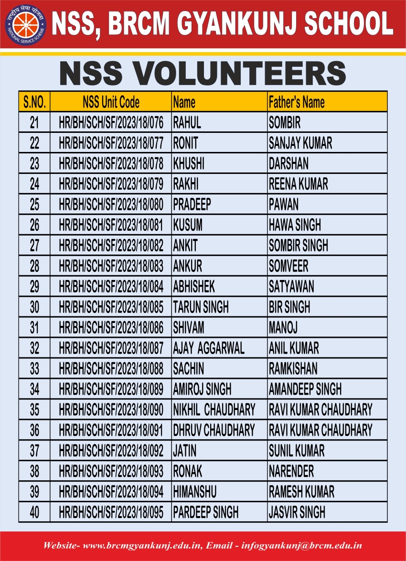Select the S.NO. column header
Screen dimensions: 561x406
coord(34,102)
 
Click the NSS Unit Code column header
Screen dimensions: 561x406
coord(111,102)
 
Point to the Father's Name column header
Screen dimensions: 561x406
coord(297,102)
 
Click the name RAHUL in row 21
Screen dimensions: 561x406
coord(187,122)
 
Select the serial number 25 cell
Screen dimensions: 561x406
coord(34,205)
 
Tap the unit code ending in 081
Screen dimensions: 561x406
coord(111,225)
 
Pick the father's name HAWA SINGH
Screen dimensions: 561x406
coord(295,225)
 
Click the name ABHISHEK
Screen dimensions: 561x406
coord(194,286)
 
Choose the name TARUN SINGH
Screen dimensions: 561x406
coord(201,307)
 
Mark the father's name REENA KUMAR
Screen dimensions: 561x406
coord(298,184)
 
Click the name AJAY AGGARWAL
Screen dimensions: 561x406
coord(209,348)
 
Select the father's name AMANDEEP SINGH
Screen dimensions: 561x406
coord(305,389)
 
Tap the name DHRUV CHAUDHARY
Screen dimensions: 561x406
coord(214,430)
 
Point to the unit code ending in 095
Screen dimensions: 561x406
coord(111,512)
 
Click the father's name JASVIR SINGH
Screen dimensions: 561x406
coord(297,512)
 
